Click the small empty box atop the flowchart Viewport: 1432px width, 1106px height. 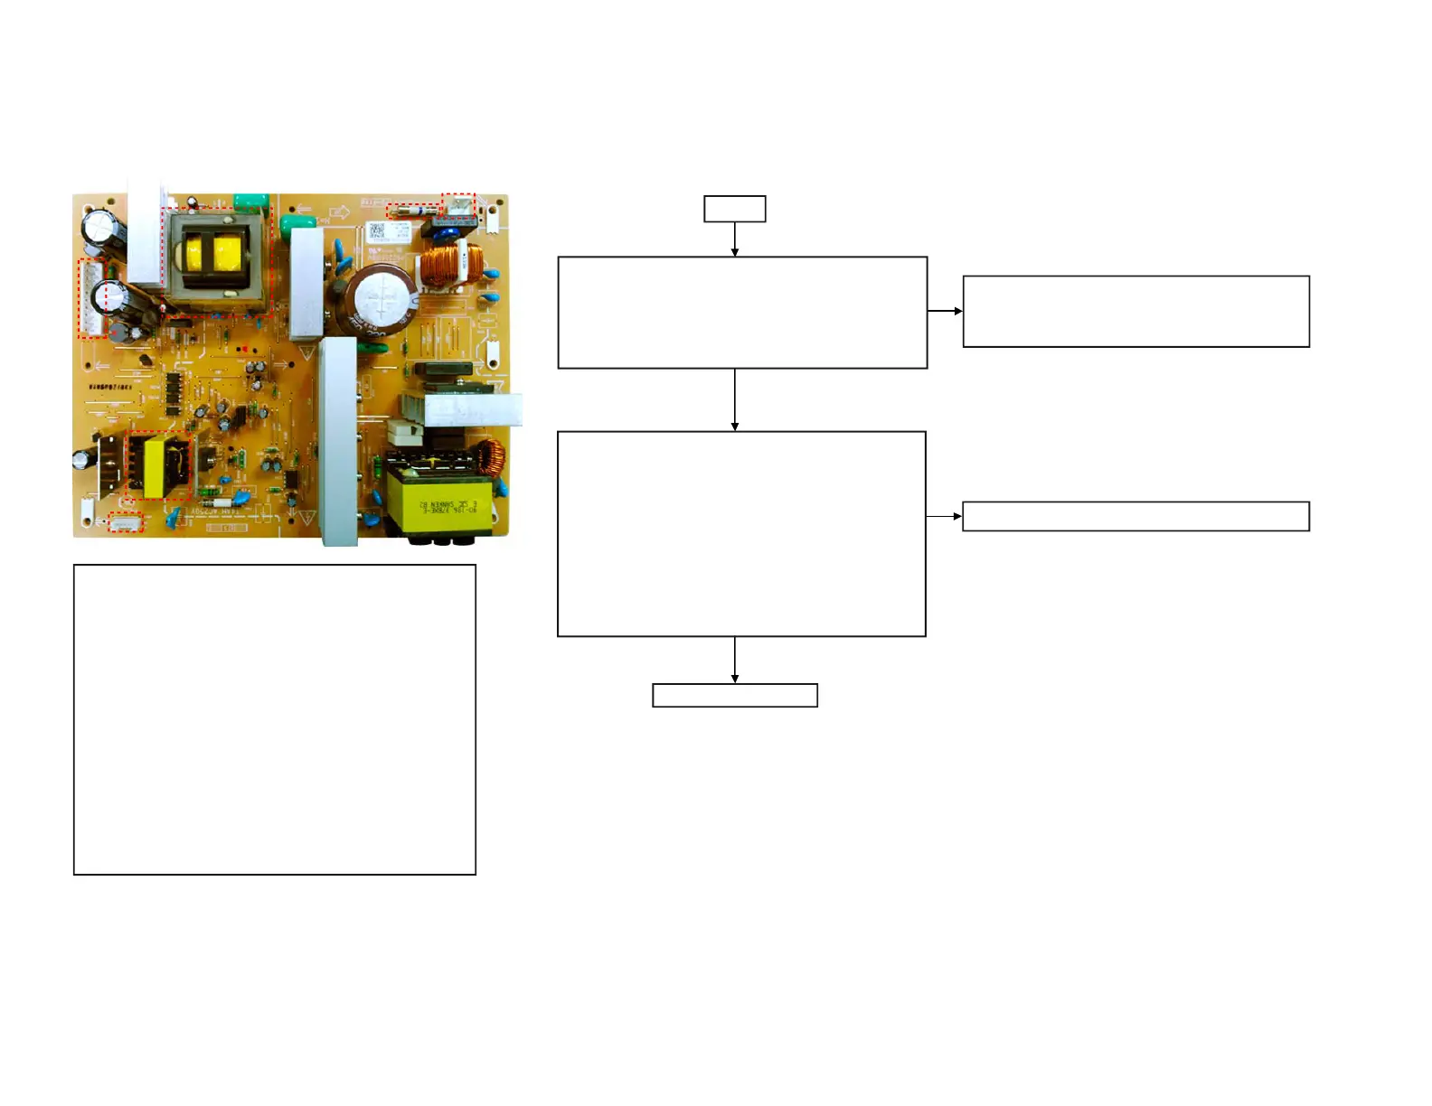click(734, 209)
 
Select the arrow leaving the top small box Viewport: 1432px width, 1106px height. click(734, 239)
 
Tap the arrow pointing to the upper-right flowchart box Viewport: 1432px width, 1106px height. click(945, 311)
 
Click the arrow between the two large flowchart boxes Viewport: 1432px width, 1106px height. click(734, 399)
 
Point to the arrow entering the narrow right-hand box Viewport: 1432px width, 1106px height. click(944, 516)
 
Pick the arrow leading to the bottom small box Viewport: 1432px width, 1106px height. click(734, 660)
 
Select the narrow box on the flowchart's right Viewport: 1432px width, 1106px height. click(1135, 516)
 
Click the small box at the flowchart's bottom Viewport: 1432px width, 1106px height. click(734, 695)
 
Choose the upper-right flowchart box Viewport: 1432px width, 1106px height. click(1135, 311)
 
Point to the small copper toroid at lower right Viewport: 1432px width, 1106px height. click(491, 459)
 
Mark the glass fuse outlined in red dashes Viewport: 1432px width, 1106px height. click(412, 211)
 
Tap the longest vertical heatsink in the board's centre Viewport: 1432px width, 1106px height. click(337, 440)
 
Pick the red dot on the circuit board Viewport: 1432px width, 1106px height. click(243, 348)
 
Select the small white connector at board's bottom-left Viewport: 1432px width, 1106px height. click(126, 522)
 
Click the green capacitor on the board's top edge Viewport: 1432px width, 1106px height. click(251, 200)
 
